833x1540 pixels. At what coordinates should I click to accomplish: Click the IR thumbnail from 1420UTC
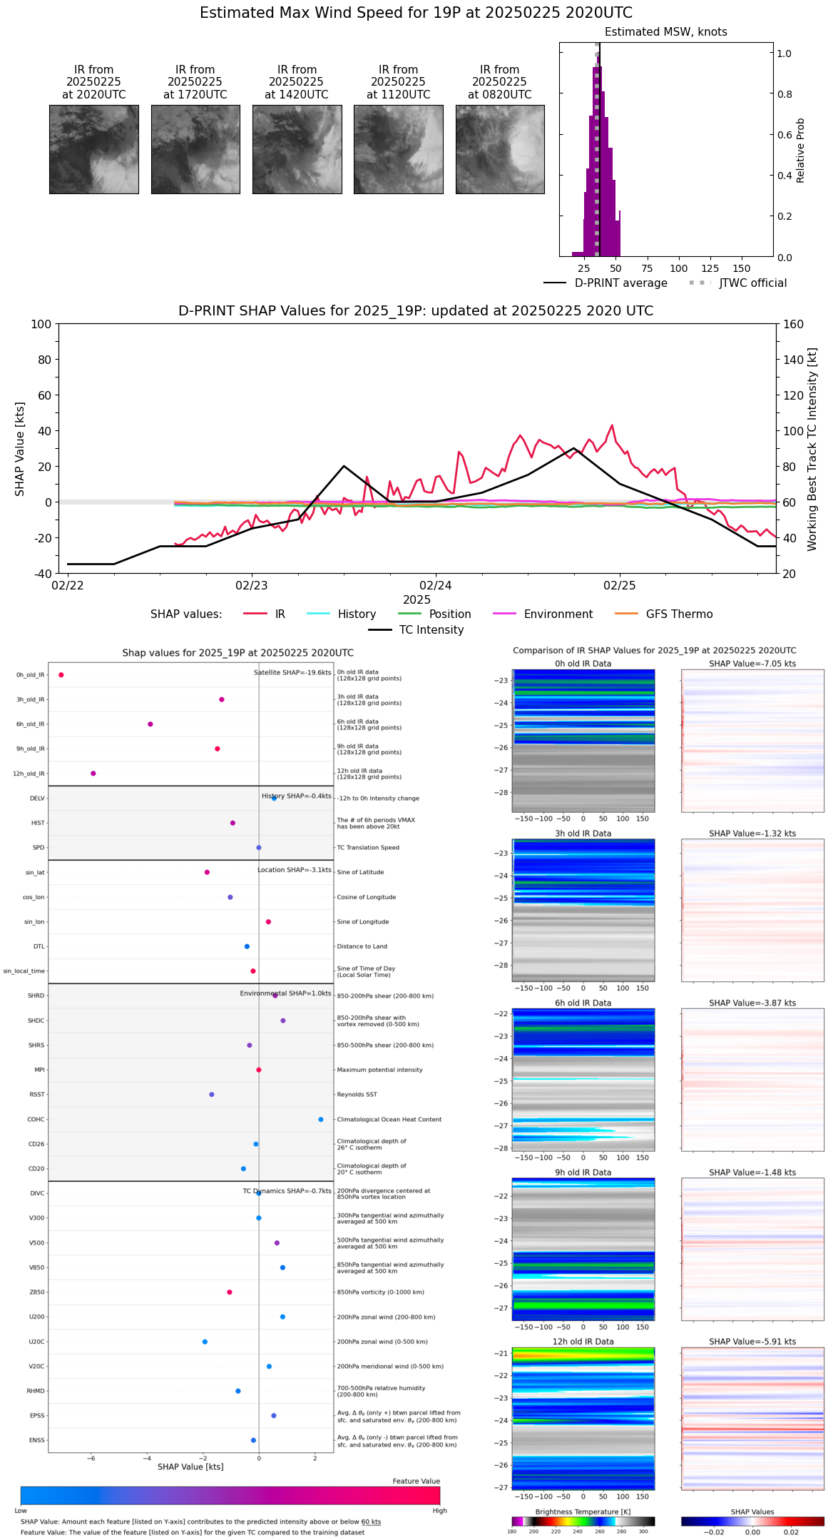click(x=297, y=149)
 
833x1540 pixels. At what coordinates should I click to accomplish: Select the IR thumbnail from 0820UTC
click(x=500, y=149)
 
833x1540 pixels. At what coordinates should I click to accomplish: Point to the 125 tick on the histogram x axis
click(x=710, y=269)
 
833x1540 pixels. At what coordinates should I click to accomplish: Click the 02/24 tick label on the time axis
click(x=435, y=586)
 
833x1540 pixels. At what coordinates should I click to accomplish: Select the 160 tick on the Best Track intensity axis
click(x=793, y=325)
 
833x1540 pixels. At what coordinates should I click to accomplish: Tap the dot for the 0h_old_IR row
click(x=61, y=675)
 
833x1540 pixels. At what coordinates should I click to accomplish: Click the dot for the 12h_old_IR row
click(x=93, y=774)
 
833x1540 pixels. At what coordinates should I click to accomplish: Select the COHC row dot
click(x=321, y=1120)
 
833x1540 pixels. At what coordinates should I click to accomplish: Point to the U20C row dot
click(x=205, y=1342)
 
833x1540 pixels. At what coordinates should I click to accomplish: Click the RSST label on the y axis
click(x=37, y=1095)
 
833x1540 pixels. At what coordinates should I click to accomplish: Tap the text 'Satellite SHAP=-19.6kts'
click(x=292, y=673)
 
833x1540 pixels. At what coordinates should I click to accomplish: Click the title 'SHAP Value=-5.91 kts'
click(x=752, y=1342)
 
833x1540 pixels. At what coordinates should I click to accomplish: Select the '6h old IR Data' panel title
click(x=583, y=1003)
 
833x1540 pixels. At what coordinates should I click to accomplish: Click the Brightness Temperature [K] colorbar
click(x=583, y=1521)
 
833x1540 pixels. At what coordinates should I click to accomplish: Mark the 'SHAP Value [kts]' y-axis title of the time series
click(x=20, y=449)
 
